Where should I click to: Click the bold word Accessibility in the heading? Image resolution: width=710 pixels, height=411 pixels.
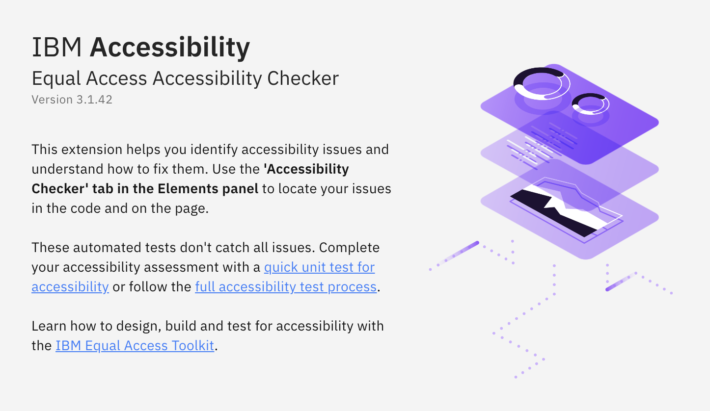click(170, 48)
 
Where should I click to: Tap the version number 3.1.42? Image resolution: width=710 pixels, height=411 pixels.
click(94, 100)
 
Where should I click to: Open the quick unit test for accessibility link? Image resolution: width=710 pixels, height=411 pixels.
click(319, 267)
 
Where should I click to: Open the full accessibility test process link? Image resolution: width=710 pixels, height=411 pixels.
click(286, 287)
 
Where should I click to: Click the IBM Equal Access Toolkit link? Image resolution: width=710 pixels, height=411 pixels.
click(135, 346)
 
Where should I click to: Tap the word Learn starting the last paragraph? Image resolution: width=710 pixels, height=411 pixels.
click(49, 326)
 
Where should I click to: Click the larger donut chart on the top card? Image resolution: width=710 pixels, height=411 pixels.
click(541, 84)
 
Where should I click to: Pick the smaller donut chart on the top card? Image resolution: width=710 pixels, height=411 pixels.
click(590, 104)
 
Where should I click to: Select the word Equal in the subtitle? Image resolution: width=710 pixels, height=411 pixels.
click(53, 78)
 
